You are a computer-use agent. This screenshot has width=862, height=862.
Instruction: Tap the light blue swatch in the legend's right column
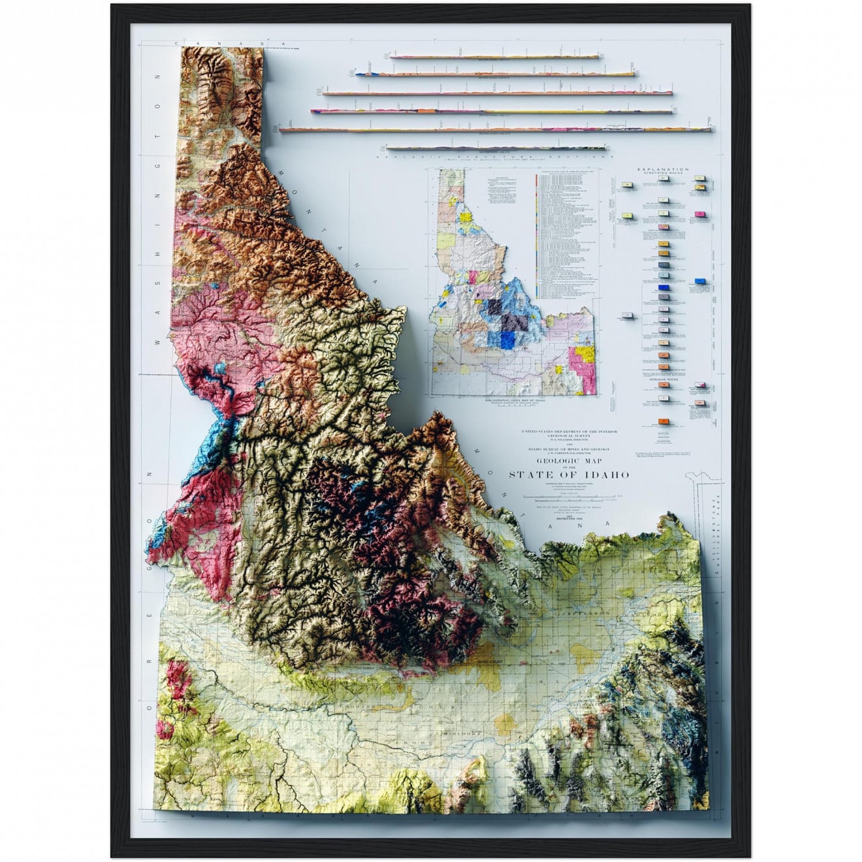[701, 281]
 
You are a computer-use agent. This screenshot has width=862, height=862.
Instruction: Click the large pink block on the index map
[580, 360]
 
